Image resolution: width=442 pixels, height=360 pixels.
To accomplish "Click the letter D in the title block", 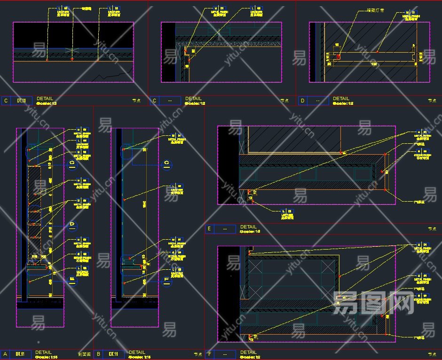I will (302, 101).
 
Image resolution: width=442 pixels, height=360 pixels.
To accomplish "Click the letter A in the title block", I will (5, 354).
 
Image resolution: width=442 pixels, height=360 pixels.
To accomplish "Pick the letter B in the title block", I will (98, 354).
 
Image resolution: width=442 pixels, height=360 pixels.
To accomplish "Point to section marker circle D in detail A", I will (72, 225).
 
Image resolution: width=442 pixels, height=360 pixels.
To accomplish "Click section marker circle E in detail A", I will (72, 281).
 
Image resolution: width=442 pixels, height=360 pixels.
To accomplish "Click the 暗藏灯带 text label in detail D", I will (374, 10).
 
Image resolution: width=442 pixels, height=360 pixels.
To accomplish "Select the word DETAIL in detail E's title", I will (248, 227).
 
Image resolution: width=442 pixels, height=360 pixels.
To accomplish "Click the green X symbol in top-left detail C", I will (72, 50).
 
